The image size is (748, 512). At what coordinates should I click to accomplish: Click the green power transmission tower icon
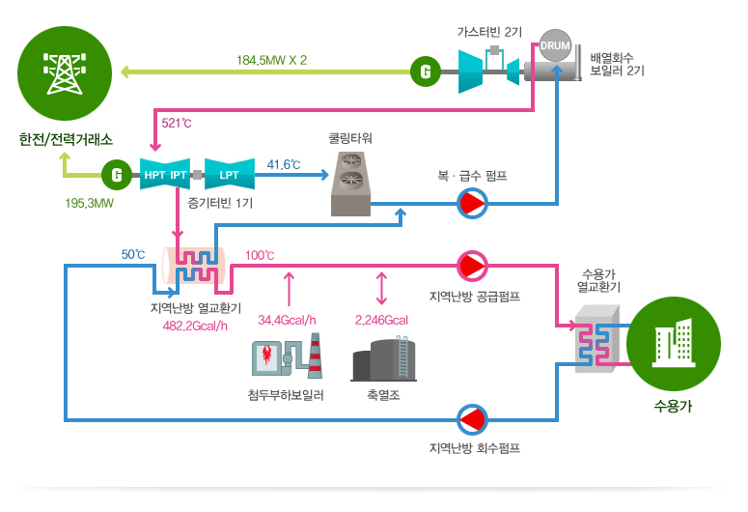[65, 70]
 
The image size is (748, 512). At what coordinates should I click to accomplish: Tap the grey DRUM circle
[555, 45]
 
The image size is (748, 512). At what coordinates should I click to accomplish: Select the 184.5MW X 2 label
[271, 60]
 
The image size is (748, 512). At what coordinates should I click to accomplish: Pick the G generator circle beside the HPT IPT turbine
[116, 175]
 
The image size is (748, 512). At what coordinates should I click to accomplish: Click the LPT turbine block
[230, 175]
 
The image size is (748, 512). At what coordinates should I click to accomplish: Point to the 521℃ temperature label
[177, 124]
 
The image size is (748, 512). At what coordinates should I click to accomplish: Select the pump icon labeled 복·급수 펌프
[473, 204]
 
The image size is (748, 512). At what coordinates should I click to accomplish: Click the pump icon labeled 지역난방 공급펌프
[473, 265]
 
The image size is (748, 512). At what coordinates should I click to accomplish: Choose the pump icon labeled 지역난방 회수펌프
[473, 418]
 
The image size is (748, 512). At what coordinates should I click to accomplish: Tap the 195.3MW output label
[90, 204]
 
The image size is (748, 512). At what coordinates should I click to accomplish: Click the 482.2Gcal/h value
[195, 326]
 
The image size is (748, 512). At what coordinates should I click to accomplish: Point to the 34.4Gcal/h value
[288, 320]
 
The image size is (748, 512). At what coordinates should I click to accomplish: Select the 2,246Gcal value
[381, 320]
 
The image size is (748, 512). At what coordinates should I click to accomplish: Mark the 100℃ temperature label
[260, 256]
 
